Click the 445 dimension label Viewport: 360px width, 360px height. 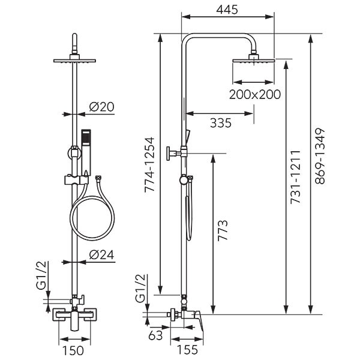(227, 10)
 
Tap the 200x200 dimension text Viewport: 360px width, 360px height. (255, 94)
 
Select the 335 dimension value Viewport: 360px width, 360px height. (221, 123)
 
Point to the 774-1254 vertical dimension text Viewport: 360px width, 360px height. (149, 164)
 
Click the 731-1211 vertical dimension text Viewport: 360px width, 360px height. (295, 177)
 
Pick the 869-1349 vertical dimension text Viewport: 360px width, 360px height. (320, 156)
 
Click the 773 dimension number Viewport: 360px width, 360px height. (223, 230)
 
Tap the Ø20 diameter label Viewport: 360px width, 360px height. (102, 107)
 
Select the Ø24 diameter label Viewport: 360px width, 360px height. (102, 254)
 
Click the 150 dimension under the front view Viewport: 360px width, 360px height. (73, 350)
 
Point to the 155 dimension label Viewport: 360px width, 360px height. (187, 349)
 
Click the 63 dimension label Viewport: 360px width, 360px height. (155, 335)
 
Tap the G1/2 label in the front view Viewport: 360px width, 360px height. (41, 275)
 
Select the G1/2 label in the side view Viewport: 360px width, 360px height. (140, 288)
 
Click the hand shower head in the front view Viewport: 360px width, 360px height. (86, 152)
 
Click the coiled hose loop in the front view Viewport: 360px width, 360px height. (92, 218)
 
